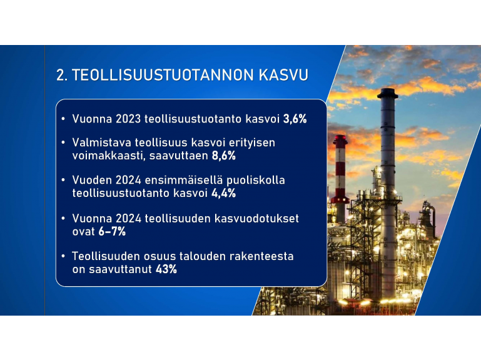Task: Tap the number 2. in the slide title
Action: click(x=62, y=75)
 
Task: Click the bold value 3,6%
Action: click(x=295, y=119)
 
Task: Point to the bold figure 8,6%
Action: click(x=224, y=156)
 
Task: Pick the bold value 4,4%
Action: click(x=224, y=193)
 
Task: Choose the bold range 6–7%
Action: click(x=112, y=231)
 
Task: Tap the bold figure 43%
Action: click(x=166, y=269)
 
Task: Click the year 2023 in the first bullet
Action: click(x=128, y=119)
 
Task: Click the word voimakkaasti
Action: click(x=109, y=156)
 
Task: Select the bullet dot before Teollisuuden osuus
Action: click(x=63, y=256)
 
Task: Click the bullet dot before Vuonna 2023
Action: click(x=63, y=119)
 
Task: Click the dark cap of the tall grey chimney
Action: click(x=387, y=93)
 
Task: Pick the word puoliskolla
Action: click(x=256, y=180)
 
